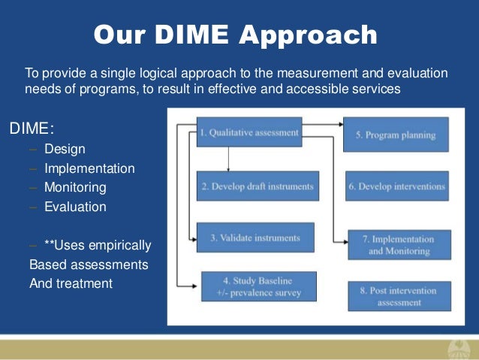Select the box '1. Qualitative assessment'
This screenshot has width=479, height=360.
click(249, 132)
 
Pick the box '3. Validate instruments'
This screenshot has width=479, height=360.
click(255, 237)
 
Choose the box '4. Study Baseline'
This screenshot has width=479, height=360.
click(258, 286)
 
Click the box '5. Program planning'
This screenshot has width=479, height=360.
click(396, 135)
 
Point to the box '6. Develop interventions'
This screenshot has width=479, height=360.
click(397, 186)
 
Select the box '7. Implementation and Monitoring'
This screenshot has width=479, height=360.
click(399, 245)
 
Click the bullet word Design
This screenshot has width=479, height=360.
click(65, 149)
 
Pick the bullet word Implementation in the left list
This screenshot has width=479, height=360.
click(89, 168)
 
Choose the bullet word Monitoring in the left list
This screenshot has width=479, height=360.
click(75, 187)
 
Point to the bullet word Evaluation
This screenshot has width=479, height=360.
click(75, 207)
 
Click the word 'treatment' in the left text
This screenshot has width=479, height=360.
click(84, 283)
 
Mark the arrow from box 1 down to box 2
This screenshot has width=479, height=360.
click(227, 158)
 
